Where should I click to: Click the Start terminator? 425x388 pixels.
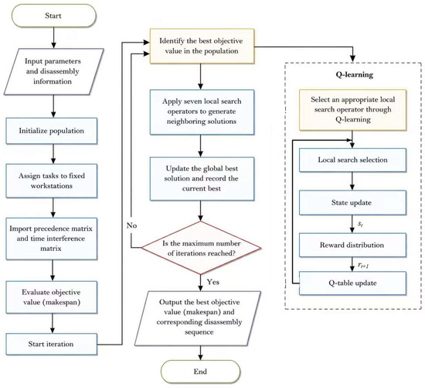[x=53, y=15]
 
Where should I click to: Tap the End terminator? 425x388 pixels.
[x=201, y=372]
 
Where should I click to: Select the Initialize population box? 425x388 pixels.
[x=52, y=131]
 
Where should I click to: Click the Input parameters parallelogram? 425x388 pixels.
[x=53, y=71]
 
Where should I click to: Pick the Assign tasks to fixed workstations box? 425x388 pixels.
[x=52, y=180]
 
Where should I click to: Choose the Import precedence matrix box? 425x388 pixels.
[x=52, y=239]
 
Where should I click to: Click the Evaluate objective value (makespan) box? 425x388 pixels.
[x=52, y=297]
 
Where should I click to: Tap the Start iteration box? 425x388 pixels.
[x=52, y=345]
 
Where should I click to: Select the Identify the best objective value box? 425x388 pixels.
[x=202, y=46]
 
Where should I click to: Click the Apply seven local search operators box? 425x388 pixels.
[x=202, y=112]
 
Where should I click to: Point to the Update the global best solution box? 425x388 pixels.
[x=202, y=179]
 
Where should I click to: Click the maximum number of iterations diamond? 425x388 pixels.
[x=201, y=248]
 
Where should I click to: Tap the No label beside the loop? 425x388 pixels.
[x=131, y=225]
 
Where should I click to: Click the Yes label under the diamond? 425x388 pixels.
[x=213, y=282]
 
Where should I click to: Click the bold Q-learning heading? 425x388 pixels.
[x=355, y=74]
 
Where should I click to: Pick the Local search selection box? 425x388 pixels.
[x=352, y=160]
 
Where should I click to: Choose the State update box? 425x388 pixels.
[x=352, y=203]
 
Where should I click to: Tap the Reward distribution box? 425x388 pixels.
[x=352, y=245]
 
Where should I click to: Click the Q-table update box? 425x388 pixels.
[x=352, y=283]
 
